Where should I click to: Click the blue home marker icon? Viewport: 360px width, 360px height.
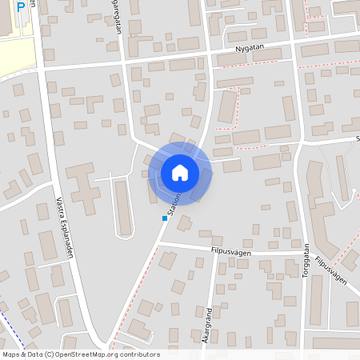point(180,172)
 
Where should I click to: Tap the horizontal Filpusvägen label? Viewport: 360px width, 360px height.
point(229,252)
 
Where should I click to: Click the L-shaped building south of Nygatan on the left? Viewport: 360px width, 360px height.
point(94,105)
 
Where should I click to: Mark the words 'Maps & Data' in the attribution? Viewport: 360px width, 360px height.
point(22,354)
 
